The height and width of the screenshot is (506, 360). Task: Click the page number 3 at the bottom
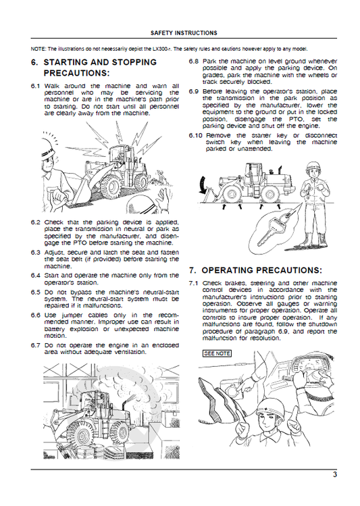pyautogui.click(x=334, y=475)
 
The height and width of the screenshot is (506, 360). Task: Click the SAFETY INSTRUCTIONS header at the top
pyautogui.click(x=183, y=32)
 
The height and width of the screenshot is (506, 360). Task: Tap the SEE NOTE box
pyautogui.click(x=216, y=353)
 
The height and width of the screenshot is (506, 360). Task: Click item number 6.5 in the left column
pyautogui.click(x=36, y=291)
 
